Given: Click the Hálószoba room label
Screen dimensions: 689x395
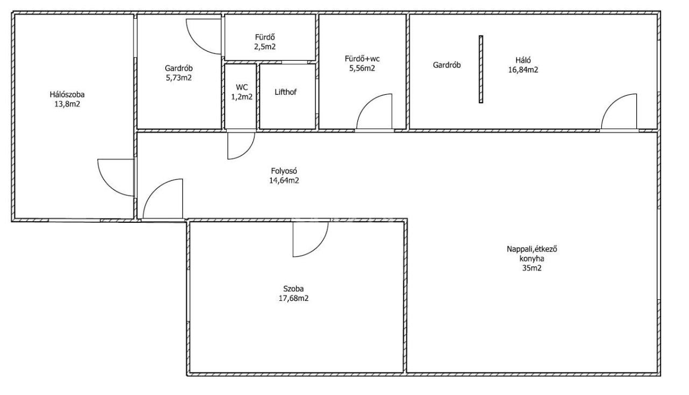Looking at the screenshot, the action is tap(67, 94).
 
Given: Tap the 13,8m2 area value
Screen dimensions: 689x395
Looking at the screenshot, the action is tap(67, 104).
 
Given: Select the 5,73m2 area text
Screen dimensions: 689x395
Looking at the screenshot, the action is tap(179, 78).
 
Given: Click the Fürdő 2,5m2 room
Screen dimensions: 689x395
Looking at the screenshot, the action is tap(270, 37).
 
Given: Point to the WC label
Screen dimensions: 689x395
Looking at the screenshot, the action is tap(242, 87).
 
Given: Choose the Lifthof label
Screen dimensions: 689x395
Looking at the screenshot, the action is tap(285, 92).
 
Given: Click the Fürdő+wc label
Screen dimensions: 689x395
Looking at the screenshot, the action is tap(362, 59).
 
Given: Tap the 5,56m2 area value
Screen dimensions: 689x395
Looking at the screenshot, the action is tap(362, 68).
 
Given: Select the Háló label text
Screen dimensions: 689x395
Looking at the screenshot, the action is tap(523, 60).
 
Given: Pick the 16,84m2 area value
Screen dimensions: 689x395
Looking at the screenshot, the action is tap(523, 70).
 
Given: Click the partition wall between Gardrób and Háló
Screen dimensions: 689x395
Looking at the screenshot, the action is tap(481, 69).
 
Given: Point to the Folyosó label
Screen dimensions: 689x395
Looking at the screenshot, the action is tap(284, 171).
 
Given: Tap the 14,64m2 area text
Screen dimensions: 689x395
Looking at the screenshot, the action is tap(284, 180).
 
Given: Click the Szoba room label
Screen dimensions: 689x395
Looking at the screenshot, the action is tap(293, 289).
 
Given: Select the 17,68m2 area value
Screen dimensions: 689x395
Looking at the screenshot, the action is tap(293, 299).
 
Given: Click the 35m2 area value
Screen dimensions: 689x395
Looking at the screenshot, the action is tap(532, 268).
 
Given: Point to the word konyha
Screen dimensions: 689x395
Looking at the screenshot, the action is tap(532, 259).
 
